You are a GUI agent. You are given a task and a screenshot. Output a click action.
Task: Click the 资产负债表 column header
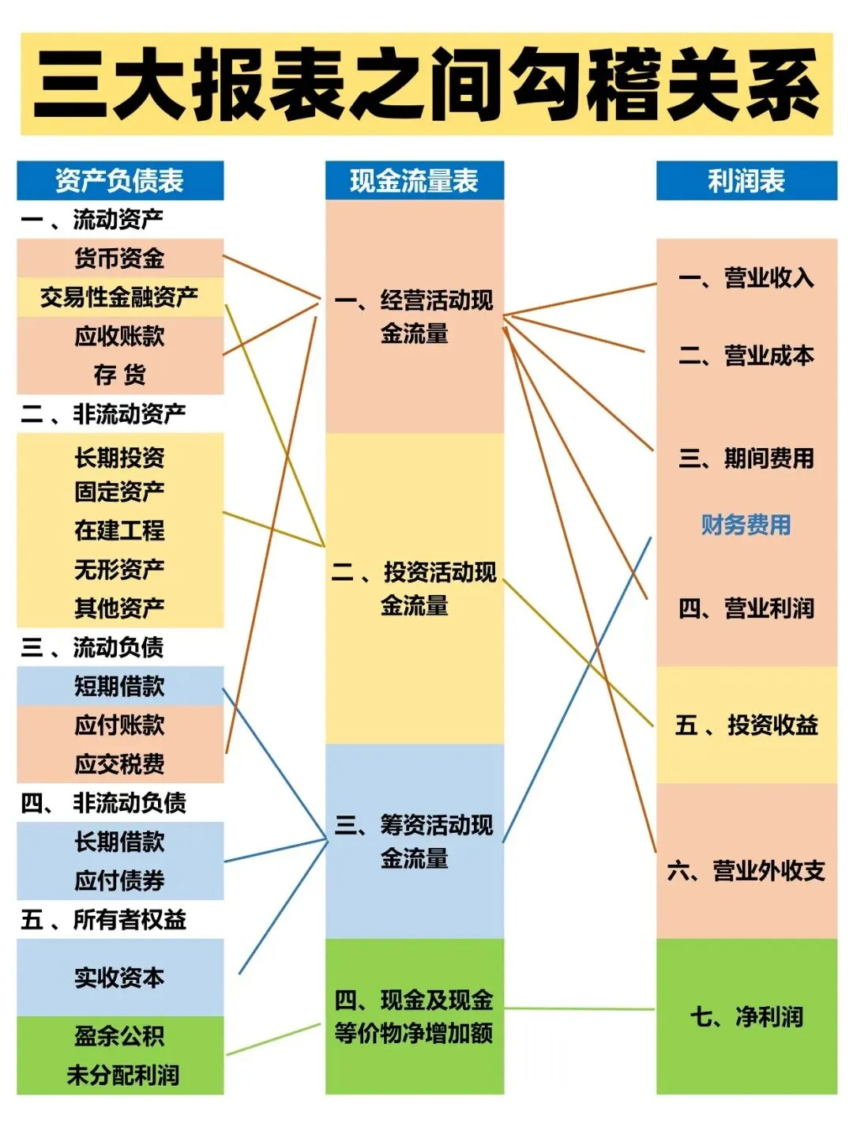tap(119, 181)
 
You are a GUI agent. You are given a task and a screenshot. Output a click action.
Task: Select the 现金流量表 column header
tap(414, 181)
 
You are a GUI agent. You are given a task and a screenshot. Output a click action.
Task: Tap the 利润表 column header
tap(746, 181)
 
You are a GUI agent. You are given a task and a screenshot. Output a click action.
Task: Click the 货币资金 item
tap(119, 258)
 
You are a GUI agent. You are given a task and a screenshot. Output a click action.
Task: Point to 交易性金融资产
tap(119, 297)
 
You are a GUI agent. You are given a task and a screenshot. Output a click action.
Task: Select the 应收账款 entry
tap(119, 336)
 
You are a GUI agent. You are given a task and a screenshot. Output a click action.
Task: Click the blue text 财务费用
tap(746, 525)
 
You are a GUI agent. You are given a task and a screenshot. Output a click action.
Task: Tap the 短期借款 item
tap(119, 686)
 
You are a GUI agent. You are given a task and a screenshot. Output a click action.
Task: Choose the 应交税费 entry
tap(119, 764)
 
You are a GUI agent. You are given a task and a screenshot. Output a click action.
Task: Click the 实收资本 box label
tap(119, 978)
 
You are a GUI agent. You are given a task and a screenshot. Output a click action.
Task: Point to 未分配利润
tap(122, 1075)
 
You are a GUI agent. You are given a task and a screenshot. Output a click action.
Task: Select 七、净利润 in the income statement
tap(746, 1016)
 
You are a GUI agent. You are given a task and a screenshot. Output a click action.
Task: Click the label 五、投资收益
tap(746, 725)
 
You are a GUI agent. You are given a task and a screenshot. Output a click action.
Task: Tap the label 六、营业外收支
tap(746, 871)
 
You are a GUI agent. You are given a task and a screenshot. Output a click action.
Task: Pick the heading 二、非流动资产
tap(103, 413)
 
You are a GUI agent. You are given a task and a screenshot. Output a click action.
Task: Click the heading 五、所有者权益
tap(103, 919)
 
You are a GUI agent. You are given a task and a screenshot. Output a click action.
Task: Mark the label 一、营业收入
tap(746, 278)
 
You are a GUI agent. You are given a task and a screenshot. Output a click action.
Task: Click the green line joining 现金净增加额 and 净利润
tap(579, 1008)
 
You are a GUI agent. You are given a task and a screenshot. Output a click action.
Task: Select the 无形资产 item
tap(119, 569)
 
